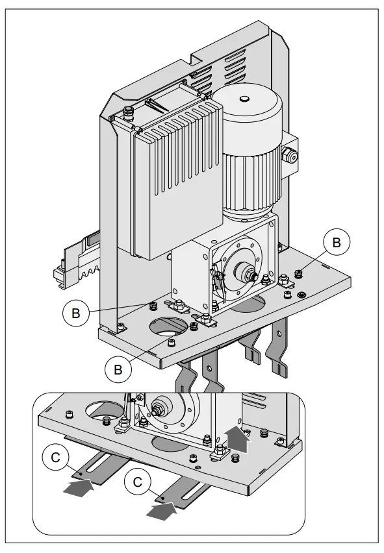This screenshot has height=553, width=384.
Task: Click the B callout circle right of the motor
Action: (x=336, y=242)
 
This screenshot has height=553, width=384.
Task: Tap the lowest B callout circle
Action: (x=117, y=369)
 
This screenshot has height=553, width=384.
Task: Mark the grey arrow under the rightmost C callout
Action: (x=161, y=512)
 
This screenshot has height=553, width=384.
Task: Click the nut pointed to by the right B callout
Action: (x=299, y=273)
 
